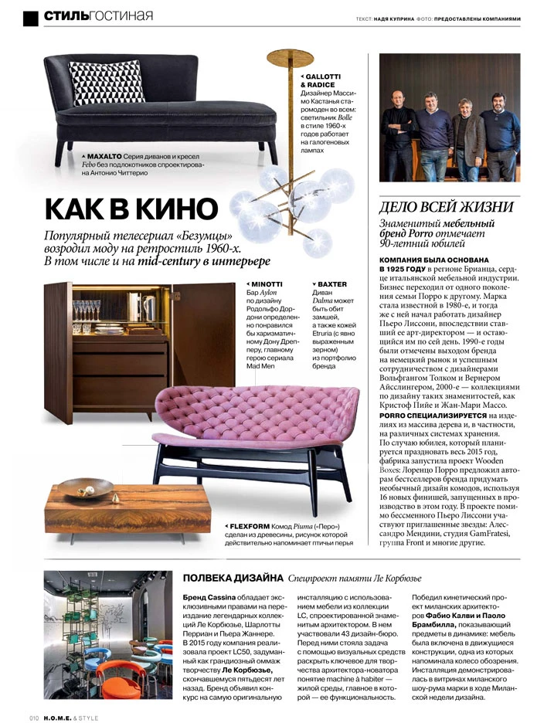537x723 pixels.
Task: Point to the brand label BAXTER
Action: tap(331, 284)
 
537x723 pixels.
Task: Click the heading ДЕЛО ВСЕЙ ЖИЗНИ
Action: tap(447, 207)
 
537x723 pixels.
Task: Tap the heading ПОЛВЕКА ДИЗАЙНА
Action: tap(231, 578)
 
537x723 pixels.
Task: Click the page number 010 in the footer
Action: tap(35, 718)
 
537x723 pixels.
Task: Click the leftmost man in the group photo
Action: tap(400, 131)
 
